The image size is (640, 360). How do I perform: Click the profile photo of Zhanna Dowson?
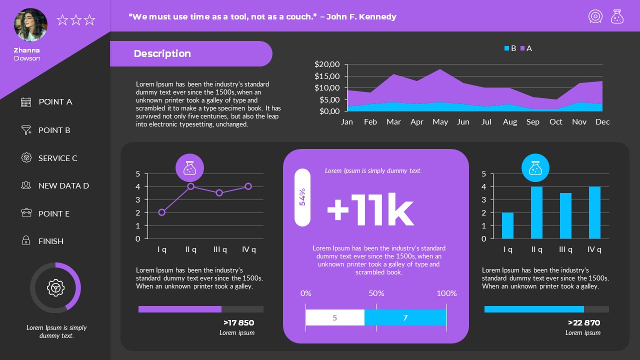pyautogui.click(x=30, y=25)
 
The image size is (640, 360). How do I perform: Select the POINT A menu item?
pyautogui.click(x=55, y=102)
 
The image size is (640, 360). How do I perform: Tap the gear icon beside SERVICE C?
pyautogui.click(x=26, y=157)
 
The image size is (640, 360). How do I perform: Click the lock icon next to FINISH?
pyautogui.click(x=26, y=240)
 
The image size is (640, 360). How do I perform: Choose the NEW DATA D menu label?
pyautogui.click(x=63, y=186)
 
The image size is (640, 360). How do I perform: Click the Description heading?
pyautogui.click(x=162, y=54)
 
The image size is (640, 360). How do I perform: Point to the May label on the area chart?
pyautogui.click(x=440, y=122)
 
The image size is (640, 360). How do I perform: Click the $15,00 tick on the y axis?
pyautogui.click(x=327, y=76)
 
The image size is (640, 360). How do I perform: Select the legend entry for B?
pyautogui.click(x=510, y=48)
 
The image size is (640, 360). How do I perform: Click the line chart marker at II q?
pyautogui.click(x=190, y=186)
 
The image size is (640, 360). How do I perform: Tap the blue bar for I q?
pyautogui.click(x=507, y=225)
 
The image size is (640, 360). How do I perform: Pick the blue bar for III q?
pyautogui.click(x=565, y=215)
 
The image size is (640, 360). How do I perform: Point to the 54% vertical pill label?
pyautogui.click(x=302, y=197)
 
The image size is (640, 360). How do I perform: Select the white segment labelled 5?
pyautogui.click(x=335, y=317)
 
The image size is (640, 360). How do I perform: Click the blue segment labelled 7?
pyautogui.click(x=405, y=317)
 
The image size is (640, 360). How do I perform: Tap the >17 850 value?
pyautogui.click(x=238, y=323)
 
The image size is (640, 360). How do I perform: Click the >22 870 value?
pyautogui.click(x=584, y=323)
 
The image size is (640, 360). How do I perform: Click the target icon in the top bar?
pyautogui.click(x=595, y=16)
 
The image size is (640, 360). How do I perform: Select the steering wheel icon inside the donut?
pyautogui.click(x=55, y=287)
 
